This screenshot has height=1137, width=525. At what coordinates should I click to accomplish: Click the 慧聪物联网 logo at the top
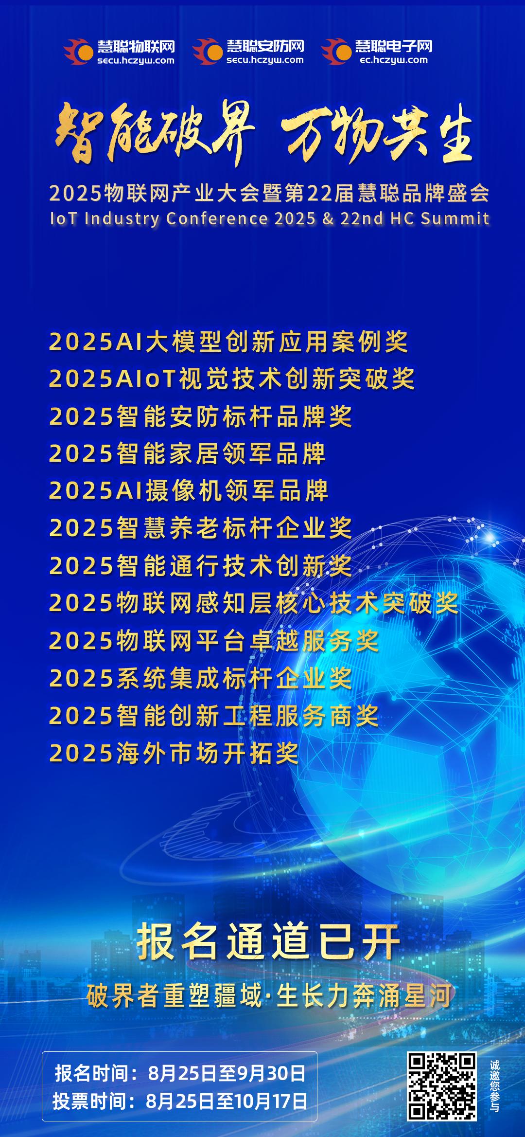tap(119, 52)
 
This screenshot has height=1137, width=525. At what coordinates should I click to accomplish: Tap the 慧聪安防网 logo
tap(248, 52)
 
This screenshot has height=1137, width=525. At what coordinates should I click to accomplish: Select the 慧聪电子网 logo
tap(377, 52)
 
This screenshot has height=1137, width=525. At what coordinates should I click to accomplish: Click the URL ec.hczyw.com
tap(394, 60)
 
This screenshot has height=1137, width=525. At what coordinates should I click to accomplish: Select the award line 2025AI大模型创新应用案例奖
tap(228, 341)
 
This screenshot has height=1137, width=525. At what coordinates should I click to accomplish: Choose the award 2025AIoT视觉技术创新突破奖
tap(232, 379)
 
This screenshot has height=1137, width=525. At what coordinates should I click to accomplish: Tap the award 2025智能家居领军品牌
tap(187, 453)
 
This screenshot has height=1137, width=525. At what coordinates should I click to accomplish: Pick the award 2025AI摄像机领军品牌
tap(189, 491)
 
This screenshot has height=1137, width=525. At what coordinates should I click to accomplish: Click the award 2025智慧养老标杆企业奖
tap(200, 528)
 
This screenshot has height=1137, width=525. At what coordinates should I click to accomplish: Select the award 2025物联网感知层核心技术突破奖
tap(254, 603)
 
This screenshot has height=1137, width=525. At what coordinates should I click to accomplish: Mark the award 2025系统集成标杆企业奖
tap(200, 678)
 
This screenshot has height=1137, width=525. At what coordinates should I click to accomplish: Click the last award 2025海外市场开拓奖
tap(174, 753)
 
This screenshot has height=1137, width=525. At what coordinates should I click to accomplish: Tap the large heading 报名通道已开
tap(268, 942)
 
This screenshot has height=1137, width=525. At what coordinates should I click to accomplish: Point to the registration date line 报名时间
tap(180, 1073)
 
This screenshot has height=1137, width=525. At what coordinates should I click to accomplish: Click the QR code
tap(442, 1087)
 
